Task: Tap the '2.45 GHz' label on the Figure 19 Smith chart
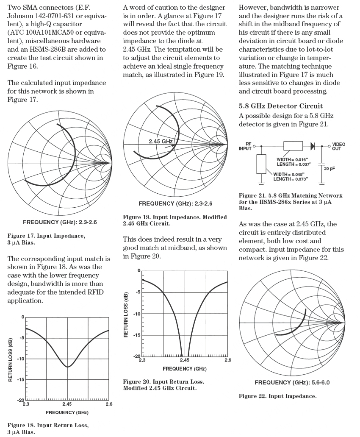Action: click(161, 141)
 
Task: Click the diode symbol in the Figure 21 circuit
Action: click(313, 145)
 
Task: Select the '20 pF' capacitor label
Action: click(329, 168)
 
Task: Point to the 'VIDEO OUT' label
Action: click(339, 146)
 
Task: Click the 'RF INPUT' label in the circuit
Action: click(245, 146)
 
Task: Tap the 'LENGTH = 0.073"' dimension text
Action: click(291, 179)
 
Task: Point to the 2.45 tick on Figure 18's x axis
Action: click(67, 404)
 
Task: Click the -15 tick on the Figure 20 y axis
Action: click(137, 335)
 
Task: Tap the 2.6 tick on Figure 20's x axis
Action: click(227, 360)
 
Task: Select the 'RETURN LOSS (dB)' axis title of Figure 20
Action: click(126, 314)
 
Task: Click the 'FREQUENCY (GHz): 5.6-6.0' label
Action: click(292, 383)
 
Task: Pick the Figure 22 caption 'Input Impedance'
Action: click(277, 396)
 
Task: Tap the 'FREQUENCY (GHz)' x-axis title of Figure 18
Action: click(67, 412)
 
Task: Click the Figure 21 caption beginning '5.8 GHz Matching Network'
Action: click(291, 202)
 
